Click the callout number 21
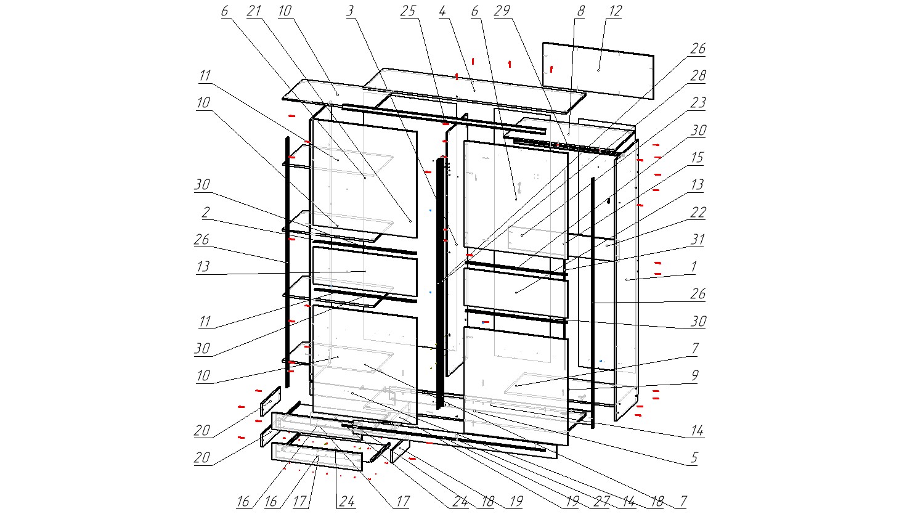pyautogui.click(x=254, y=11)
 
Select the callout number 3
pyautogui.click(x=351, y=11)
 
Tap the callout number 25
pyautogui.click(x=408, y=11)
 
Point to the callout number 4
pyautogui.click(x=442, y=11)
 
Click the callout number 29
pyautogui.click(x=502, y=11)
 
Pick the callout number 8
pyautogui.click(x=580, y=11)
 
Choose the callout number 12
pyautogui.click(x=616, y=11)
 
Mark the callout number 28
pyautogui.click(x=698, y=75)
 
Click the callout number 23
pyautogui.click(x=698, y=102)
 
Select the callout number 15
pyautogui.click(x=698, y=157)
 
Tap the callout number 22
pyautogui.click(x=698, y=211)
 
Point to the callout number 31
pyautogui.click(x=698, y=239)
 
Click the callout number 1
pyautogui.click(x=694, y=266)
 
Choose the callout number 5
pyautogui.click(x=694, y=457)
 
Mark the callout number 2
pyautogui.click(x=206, y=211)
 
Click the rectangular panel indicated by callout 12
pyautogui.click(x=598, y=70)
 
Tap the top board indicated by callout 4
pyautogui.click(x=474, y=91)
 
